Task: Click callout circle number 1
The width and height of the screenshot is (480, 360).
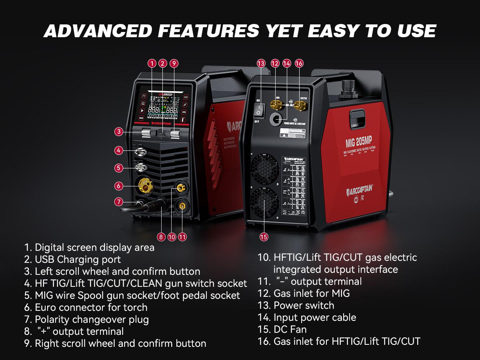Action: (x=152, y=63)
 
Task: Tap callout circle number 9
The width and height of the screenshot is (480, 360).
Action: (x=173, y=63)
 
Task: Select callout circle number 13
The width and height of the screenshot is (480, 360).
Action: (x=261, y=63)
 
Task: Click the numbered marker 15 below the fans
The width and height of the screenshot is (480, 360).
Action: (x=264, y=237)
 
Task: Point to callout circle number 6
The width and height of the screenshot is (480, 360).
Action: (x=118, y=186)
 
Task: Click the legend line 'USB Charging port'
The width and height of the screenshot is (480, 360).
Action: (x=72, y=259)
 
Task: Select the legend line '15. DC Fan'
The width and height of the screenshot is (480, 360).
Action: (x=282, y=329)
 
